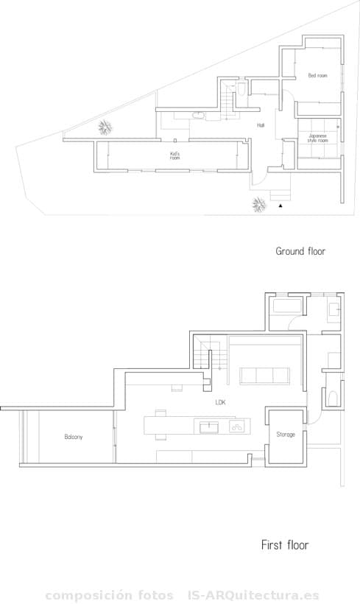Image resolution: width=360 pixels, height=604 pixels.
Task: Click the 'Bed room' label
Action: pos(317,76)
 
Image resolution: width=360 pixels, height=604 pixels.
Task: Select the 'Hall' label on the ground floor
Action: pos(261,125)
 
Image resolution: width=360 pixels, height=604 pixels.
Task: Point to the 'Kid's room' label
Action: pos(174,155)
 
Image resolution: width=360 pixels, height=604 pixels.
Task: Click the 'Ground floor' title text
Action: pos(300,251)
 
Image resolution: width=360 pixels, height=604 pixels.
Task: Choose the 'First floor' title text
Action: pos(285,545)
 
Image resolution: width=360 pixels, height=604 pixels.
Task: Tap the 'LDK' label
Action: pos(220,403)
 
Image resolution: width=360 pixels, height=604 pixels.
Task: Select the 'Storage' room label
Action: pos(286,435)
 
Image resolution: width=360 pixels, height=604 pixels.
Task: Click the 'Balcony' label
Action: pos(73,437)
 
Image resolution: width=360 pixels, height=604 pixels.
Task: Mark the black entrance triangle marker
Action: pos(280,208)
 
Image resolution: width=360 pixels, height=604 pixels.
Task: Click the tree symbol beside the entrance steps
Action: pos(258,204)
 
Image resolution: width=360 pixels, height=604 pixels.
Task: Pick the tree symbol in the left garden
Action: pos(106,127)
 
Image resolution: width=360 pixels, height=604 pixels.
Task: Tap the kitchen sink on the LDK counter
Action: pos(209,426)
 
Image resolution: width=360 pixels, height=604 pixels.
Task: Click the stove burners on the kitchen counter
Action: pos(237,426)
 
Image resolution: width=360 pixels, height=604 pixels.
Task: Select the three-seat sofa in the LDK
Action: pos(264,376)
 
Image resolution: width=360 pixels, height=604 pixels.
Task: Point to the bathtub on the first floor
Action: pos(286,306)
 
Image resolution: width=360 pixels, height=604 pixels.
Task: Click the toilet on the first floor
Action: pos(332,398)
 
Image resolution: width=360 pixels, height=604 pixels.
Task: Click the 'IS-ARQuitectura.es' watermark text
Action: pos(253,595)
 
